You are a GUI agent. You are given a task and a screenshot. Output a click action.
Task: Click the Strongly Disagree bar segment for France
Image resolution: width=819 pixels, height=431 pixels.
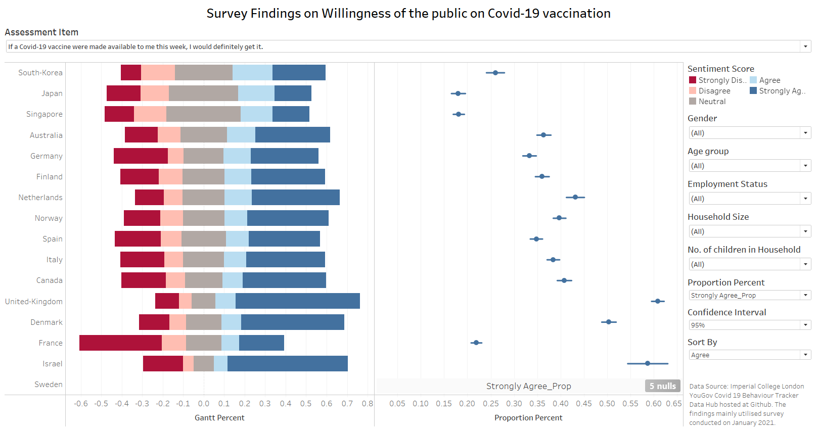click(x=120, y=343)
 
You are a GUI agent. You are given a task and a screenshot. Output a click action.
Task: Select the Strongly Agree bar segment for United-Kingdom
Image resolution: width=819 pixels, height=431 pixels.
click(x=297, y=301)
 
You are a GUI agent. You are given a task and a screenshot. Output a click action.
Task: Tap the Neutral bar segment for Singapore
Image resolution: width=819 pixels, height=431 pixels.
click(x=203, y=114)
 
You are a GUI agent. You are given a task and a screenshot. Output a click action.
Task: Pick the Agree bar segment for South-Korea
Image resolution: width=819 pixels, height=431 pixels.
click(x=252, y=73)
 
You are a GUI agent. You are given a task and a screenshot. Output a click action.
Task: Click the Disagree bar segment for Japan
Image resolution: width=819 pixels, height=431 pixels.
click(x=155, y=93)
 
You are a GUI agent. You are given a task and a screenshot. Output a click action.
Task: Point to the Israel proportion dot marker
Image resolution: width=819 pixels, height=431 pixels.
click(x=648, y=363)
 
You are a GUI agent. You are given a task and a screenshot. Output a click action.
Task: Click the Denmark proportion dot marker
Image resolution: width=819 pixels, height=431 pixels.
click(x=609, y=322)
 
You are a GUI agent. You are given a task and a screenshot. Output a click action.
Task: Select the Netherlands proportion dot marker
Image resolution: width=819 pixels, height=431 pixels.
click(x=575, y=197)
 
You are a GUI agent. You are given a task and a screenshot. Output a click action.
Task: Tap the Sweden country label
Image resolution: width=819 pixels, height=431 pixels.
click(x=49, y=385)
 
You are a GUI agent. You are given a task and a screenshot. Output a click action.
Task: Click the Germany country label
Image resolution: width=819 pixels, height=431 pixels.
click(x=47, y=156)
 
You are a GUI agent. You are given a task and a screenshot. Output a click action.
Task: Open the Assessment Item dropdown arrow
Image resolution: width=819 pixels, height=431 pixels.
click(x=805, y=46)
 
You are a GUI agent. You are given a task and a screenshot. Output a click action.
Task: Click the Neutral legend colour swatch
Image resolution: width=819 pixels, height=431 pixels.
click(x=693, y=101)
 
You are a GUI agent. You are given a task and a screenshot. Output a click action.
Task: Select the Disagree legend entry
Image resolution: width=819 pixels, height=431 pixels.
click(x=714, y=91)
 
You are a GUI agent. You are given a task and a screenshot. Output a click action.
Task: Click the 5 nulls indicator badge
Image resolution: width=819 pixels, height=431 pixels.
click(x=662, y=386)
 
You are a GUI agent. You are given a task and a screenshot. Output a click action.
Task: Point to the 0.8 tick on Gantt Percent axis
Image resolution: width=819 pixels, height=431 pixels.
click(x=368, y=404)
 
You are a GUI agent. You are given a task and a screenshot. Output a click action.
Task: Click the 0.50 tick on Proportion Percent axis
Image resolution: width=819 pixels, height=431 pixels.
click(x=607, y=404)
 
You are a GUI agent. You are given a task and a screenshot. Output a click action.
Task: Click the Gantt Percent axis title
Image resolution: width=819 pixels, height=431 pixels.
click(x=219, y=418)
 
